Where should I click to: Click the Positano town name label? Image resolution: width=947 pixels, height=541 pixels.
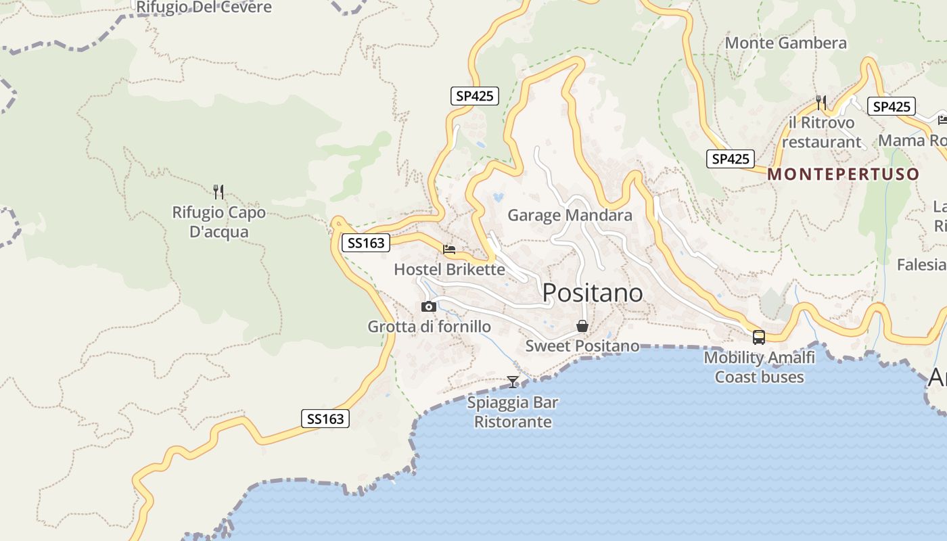click(593, 292)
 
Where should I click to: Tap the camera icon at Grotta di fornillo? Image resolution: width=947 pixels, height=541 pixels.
click(428, 307)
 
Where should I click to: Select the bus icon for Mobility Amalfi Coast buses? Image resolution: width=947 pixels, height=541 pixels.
click(759, 337)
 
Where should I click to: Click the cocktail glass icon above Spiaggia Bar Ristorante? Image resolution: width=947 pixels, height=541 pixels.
click(513, 382)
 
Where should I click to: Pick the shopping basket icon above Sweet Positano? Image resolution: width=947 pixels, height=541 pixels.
click(582, 327)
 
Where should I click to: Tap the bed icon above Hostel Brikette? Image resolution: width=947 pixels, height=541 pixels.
click(449, 250)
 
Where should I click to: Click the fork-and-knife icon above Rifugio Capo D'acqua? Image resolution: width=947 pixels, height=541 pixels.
click(218, 192)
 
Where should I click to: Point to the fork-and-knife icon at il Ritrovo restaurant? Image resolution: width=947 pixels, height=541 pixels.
click(821, 103)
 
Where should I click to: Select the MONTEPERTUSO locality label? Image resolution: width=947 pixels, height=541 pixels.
click(844, 174)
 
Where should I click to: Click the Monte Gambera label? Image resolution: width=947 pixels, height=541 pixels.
click(785, 43)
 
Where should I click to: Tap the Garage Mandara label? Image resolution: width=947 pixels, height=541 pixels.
click(570, 215)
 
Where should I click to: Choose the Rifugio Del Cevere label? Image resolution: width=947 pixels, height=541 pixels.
click(204, 7)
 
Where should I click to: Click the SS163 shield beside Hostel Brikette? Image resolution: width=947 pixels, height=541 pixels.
click(365, 243)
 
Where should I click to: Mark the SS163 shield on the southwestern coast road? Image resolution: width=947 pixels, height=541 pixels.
click(325, 419)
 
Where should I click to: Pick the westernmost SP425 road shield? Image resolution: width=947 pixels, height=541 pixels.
click(474, 96)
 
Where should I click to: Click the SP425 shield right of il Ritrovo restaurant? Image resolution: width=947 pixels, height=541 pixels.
click(892, 106)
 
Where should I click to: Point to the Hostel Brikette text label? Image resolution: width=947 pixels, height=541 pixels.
click(449, 269)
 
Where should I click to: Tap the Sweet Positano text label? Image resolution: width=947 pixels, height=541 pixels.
click(582, 346)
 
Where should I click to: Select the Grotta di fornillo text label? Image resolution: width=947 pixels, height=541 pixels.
click(429, 327)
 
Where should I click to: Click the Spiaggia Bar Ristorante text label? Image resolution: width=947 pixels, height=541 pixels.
click(513, 413)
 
